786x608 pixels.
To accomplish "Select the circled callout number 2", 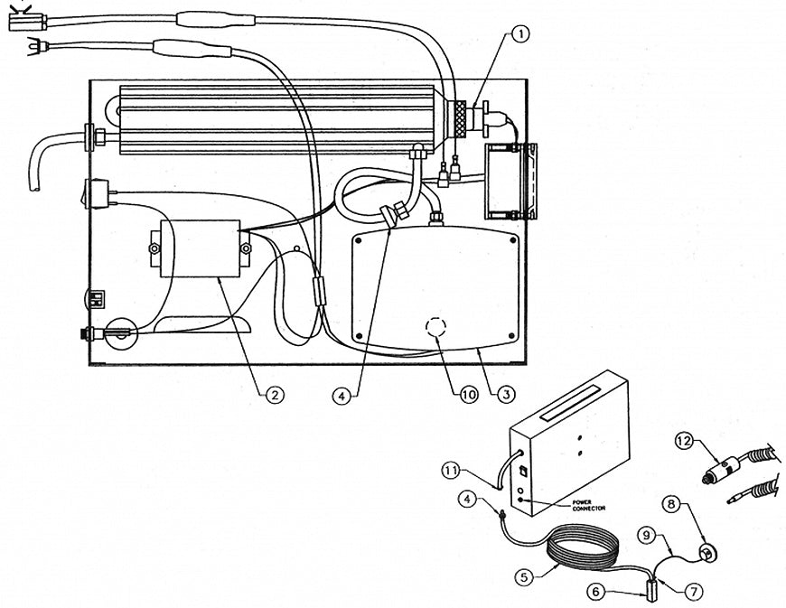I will click(271, 394).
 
